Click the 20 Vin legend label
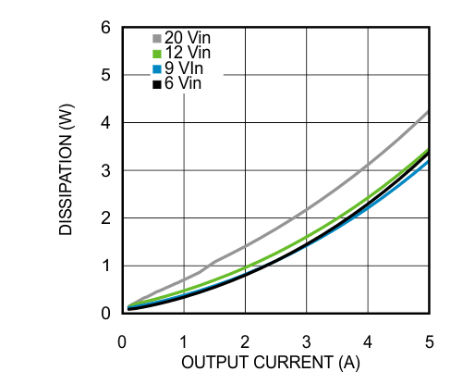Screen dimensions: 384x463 189,38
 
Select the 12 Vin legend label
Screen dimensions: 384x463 189,54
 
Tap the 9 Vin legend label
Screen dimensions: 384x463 185,68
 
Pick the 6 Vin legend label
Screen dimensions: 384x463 185,83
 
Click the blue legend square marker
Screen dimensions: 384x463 156,69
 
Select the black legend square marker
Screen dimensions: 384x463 156,84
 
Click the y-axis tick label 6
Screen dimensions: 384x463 106,28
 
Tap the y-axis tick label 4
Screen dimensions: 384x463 106,122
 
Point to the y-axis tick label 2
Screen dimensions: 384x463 106,218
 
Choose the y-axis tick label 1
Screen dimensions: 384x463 106,266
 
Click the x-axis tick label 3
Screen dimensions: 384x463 307,339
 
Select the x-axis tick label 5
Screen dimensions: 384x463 430,339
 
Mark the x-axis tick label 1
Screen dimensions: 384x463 184,339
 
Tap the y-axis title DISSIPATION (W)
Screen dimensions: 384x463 67,170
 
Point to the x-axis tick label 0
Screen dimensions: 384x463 123,339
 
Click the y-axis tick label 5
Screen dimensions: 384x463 106,75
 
